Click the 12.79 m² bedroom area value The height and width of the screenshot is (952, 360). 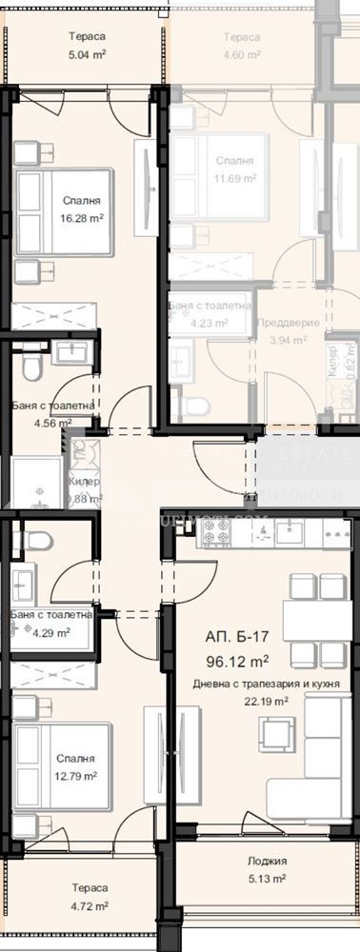point(74,776)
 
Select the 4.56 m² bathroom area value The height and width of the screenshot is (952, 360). point(52,424)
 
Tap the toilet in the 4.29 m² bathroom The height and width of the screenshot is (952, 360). point(35,542)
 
